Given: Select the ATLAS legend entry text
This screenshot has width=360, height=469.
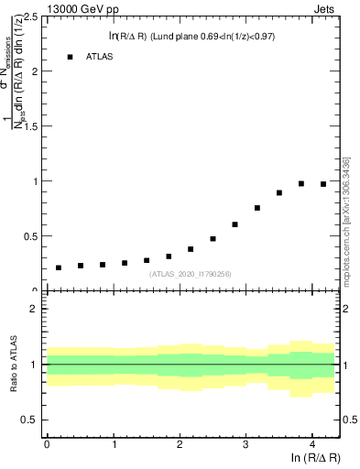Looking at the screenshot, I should point(100,57).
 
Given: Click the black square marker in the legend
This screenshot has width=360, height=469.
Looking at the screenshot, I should point(70,57).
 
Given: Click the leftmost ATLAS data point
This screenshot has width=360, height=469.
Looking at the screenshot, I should point(59,267).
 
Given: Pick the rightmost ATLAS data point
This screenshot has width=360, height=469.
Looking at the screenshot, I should point(323,184).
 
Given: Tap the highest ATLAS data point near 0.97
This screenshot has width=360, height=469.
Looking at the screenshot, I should point(301,183).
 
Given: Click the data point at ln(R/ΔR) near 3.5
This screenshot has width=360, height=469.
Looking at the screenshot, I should point(279,192).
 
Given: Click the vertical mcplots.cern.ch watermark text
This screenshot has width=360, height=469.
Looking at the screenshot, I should point(347,220).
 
